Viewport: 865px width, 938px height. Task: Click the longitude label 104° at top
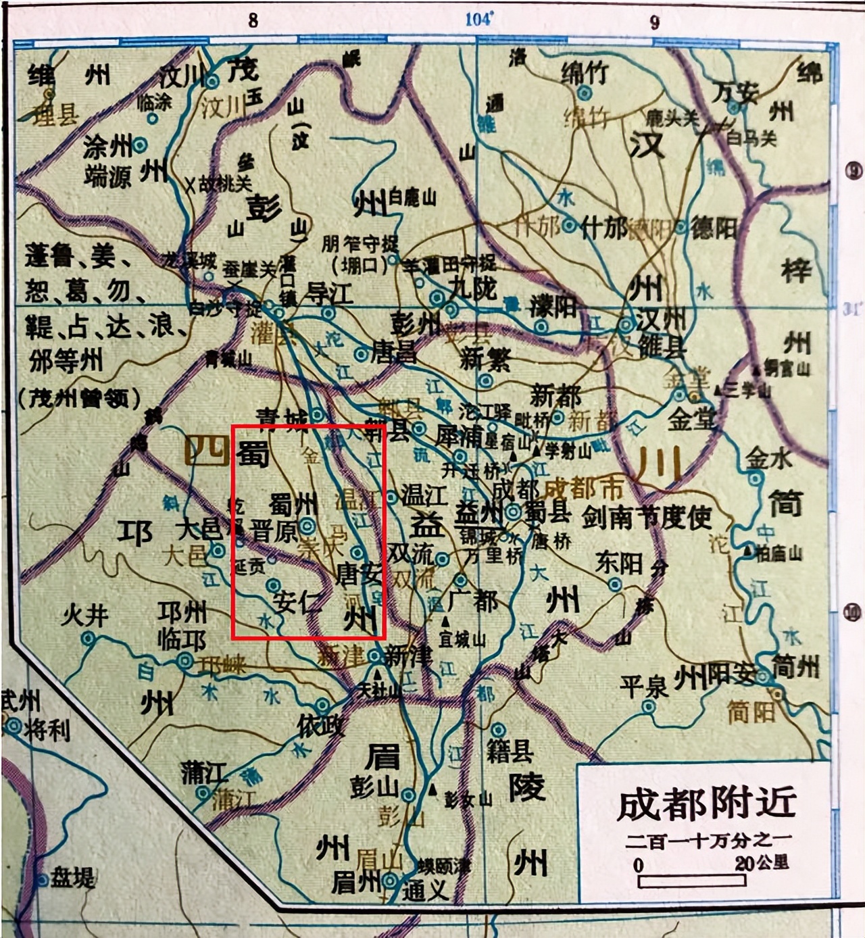(478, 19)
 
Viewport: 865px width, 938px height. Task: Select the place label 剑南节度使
(647, 518)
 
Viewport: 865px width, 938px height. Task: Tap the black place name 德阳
(714, 228)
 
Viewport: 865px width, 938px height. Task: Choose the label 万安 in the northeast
(735, 91)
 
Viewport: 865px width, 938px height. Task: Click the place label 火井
(84, 616)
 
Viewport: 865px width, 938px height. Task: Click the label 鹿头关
(671, 119)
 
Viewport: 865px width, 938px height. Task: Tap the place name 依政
(321, 725)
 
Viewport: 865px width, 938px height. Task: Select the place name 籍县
(510, 749)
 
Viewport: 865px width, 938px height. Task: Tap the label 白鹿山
(412, 197)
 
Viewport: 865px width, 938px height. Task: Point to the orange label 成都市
(585, 488)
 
